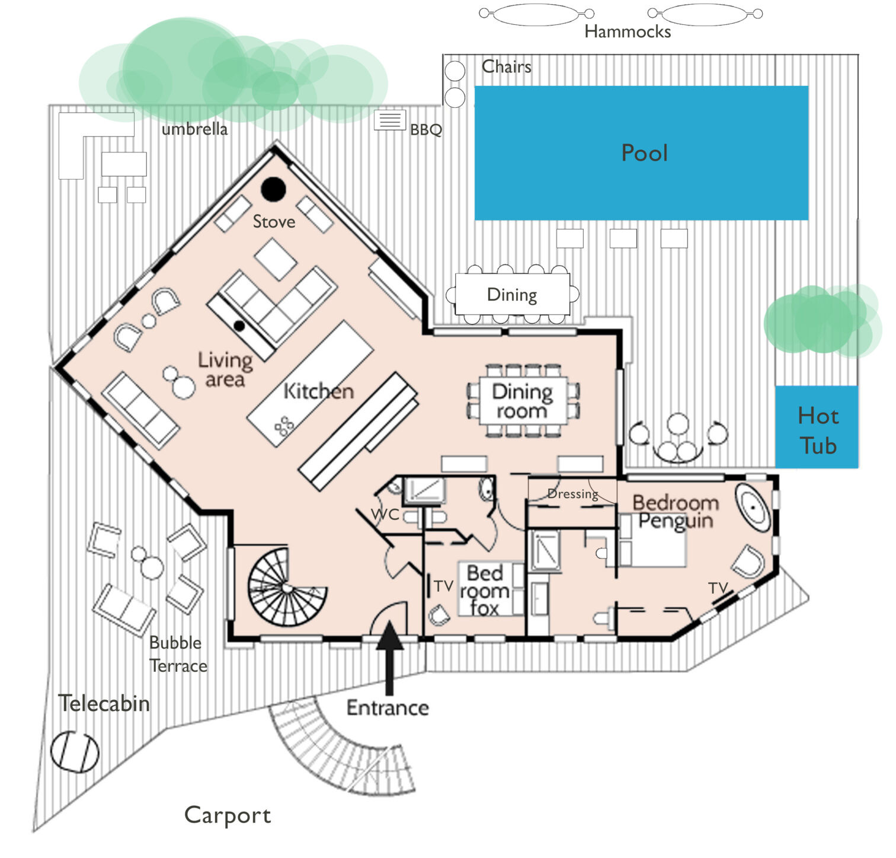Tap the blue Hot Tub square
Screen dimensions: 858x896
(x=817, y=428)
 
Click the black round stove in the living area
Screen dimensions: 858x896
(x=274, y=189)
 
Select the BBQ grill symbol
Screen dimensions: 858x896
(x=390, y=120)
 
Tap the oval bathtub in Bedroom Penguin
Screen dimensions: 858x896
(x=753, y=508)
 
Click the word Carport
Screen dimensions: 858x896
(x=228, y=815)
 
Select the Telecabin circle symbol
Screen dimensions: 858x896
(x=75, y=752)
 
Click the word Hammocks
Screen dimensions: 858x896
(x=627, y=31)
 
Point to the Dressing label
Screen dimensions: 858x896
(x=572, y=494)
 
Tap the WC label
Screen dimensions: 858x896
(x=385, y=514)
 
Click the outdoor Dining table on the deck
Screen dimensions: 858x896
(x=512, y=294)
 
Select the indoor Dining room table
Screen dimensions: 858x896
(x=523, y=401)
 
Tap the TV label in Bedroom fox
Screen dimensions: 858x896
(x=443, y=586)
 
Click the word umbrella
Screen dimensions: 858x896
(x=194, y=129)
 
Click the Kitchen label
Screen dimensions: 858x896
(x=318, y=391)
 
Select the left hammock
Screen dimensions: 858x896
(x=536, y=14)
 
